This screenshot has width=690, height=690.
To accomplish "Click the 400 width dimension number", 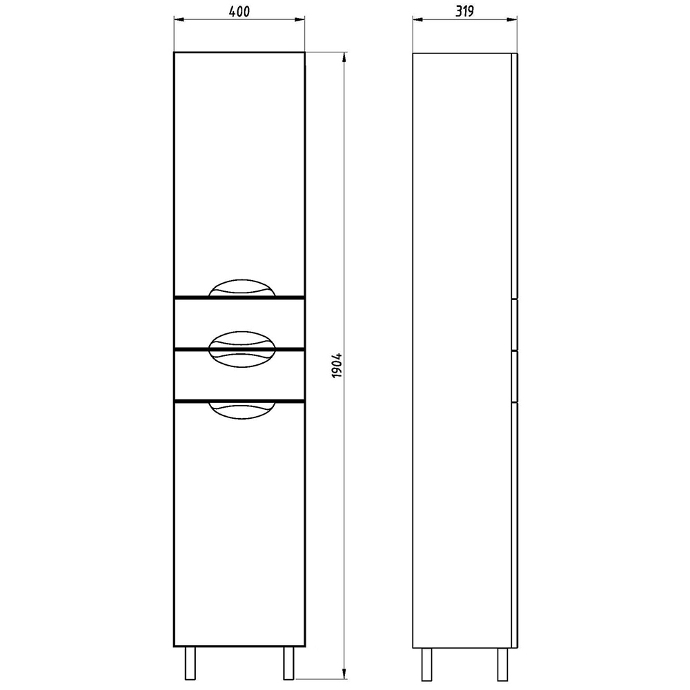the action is click(x=239, y=12).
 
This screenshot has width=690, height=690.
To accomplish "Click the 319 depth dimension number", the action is click(x=464, y=12).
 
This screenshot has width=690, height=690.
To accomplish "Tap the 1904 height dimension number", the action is click(x=337, y=365).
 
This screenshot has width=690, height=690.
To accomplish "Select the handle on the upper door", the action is click(x=241, y=288).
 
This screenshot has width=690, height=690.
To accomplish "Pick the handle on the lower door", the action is click(x=241, y=410).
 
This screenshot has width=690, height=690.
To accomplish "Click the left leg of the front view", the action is click(x=190, y=663).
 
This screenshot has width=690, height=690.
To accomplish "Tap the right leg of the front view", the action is click(x=288, y=663).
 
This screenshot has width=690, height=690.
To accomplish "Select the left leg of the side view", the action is click(x=426, y=664).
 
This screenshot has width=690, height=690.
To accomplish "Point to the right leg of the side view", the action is click(x=502, y=664).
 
